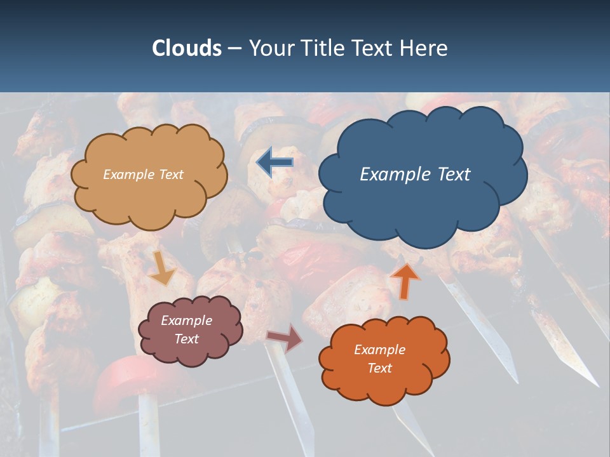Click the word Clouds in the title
pyautogui.click(x=187, y=48)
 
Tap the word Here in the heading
pyautogui.click(x=426, y=48)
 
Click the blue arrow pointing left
pyautogui.click(x=274, y=162)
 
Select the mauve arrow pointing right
pyautogui.click(x=285, y=338)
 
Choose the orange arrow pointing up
pyautogui.click(x=405, y=280)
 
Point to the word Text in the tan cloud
pyautogui.click(x=170, y=174)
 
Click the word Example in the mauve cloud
pyautogui.click(x=186, y=321)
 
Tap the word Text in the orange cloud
pyautogui.click(x=379, y=368)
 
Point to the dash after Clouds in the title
pyautogui.click(x=234, y=48)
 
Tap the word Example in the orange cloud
pyautogui.click(x=379, y=350)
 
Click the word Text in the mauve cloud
pyautogui.click(x=186, y=339)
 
